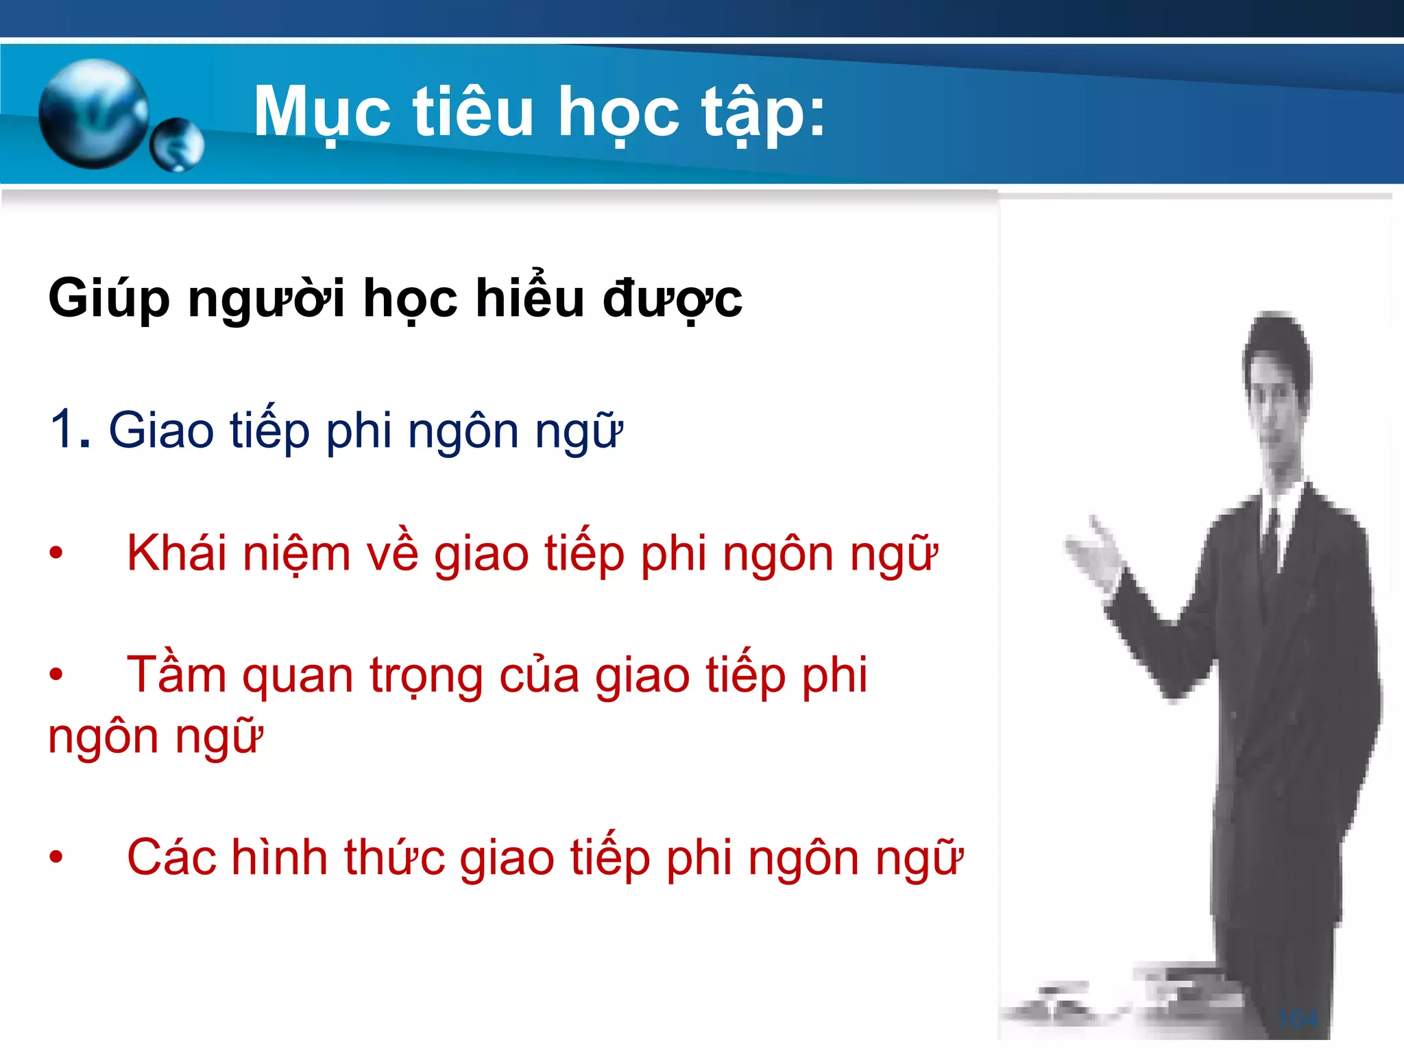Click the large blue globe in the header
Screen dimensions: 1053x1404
pos(93,113)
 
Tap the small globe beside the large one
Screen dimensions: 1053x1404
pos(177,144)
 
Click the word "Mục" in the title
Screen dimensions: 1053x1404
pos(322,113)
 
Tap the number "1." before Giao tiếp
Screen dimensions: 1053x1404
pos(70,431)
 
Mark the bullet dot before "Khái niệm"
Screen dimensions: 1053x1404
pos(56,552)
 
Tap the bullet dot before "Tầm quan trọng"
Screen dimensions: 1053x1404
pos(56,675)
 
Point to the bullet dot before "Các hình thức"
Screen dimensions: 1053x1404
pos(56,856)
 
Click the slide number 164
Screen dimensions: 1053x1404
pos(1298,1019)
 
